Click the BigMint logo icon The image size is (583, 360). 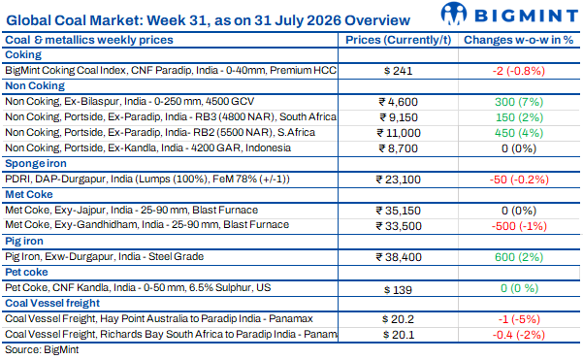pos(454,14)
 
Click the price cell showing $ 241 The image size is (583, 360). pos(399,71)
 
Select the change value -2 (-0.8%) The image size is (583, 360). pos(519,71)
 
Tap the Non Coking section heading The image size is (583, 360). pos(35,86)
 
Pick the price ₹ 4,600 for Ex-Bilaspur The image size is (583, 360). pos(399,102)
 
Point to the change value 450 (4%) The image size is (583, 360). pos(519,133)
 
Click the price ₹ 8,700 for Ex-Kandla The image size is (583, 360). pos(399,148)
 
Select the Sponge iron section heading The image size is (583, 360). pos(36,164)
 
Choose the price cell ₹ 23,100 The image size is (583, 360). pos(399,180)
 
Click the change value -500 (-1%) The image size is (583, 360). pos(519,226)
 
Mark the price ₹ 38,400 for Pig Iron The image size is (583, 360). pos(399,257)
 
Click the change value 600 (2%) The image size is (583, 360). pos(519,257)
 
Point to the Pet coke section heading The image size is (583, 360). pos(26,273)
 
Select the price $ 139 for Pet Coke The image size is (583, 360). pos(399,290)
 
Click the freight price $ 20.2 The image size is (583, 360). pos(399,319)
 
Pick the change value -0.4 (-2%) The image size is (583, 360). pos(519,335)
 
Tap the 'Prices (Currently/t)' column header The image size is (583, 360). pos(399,40)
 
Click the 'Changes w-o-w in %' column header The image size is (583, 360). pos(519,40)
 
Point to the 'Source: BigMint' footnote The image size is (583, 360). pos(42,350)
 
